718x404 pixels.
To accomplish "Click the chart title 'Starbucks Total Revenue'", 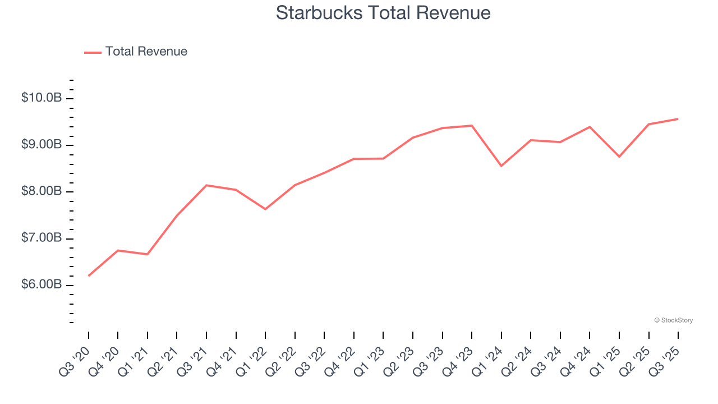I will pyautogui.click(x=383, y=13).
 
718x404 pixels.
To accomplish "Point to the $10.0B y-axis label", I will pyautogui.click(x=42, y=98).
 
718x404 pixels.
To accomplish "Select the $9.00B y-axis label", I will pyautogui.click(x=42, y=145).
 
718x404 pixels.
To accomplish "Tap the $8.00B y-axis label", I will pyautogui.click(x=42, y=191).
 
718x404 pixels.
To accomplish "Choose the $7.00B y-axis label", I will pyautogui.click(x=42, y=238).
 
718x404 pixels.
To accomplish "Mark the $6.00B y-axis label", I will pyautogui.click(x=42, y=285).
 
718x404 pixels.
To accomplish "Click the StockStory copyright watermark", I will pyautogui.click(x=673, y=320).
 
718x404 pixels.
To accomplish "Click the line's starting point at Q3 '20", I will pyautogui.click(x=89, y=276).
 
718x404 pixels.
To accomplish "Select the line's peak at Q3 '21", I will pyautogui.click(x=206, y=185).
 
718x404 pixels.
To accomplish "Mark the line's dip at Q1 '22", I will pyautogui.click(x=265, y=209).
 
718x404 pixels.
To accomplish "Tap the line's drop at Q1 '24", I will pyautogui.click(x=501, y=166).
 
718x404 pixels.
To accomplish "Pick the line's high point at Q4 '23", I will pyautogui.click(x=472, y=126).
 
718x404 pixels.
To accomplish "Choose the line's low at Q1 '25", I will pyautogui.click(x=619, y=157).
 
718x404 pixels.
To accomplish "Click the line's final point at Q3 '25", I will pyautogui.click(x=678, y=119).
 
